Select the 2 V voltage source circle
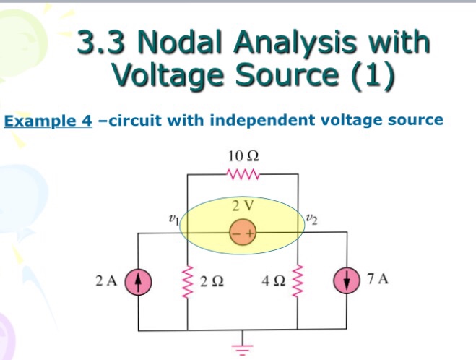241,233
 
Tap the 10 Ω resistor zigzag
242,174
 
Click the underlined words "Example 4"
48,120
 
